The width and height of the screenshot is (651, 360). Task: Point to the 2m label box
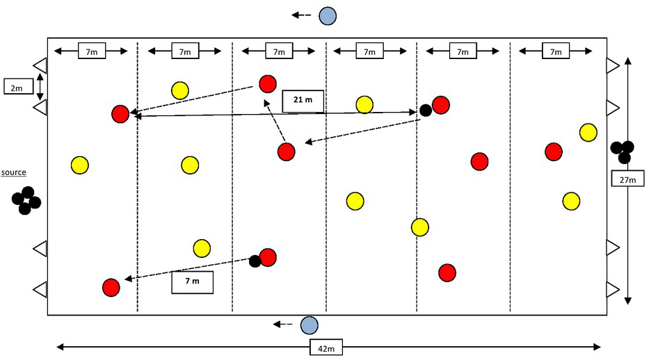tap(15, 86)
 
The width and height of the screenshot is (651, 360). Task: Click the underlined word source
tap(14, 172)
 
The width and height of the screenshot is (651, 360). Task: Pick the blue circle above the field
tap(328, 15)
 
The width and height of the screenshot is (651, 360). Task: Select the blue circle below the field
tap(309, 325)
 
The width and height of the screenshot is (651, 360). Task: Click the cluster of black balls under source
tap(26, 200)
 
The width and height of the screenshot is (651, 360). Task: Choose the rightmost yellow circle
tap(588, 132)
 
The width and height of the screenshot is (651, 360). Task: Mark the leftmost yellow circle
tap(80, 165)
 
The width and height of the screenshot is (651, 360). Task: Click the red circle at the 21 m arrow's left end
tap(120, 114)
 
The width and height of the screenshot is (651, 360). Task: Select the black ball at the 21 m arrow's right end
tap(426, 111)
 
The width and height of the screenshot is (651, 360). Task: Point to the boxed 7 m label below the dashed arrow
tap(192, 281)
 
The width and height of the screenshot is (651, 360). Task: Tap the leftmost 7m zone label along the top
tap(91, 51)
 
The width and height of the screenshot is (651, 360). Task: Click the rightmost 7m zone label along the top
tap(554, 51)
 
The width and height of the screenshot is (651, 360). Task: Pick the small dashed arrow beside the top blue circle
tap(301, 15)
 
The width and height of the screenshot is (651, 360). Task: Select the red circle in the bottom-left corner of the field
tap(111, 287)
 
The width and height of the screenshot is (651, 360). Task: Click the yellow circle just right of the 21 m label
tap(364, 105)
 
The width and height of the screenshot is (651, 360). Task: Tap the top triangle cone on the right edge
tap(612, 65)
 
